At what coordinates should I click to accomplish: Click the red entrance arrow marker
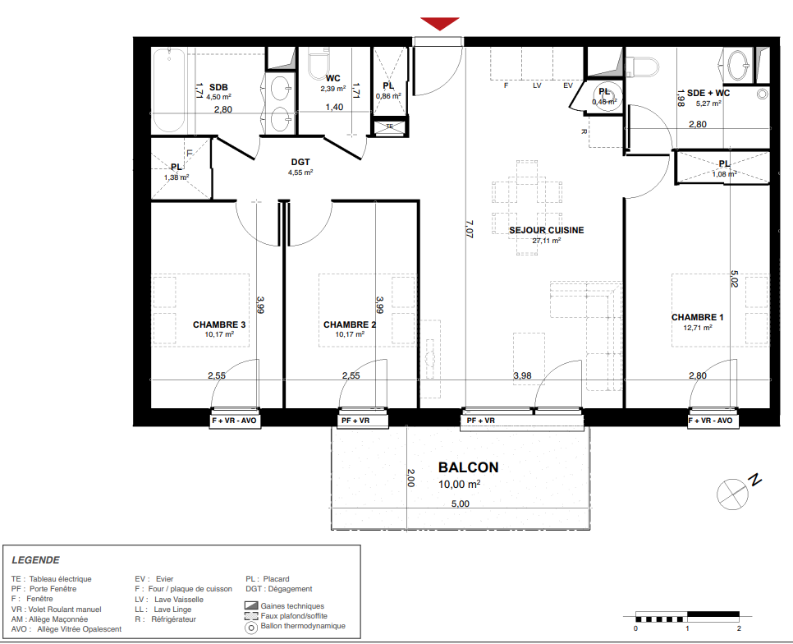[439, 23]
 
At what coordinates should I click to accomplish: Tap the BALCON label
[468, 467]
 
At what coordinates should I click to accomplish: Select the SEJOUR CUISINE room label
[546, 230]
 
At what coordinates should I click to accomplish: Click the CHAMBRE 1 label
[698, 317]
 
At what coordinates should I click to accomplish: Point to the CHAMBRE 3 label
[219, 324]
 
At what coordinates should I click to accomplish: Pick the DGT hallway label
[300, 162]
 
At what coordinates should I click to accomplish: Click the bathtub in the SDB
[169, 90]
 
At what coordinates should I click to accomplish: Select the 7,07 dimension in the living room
[469, 228]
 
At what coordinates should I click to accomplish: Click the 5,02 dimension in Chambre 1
[735, 278]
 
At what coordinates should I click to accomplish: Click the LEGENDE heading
[35, 560]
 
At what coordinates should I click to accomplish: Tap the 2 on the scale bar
[739, 628]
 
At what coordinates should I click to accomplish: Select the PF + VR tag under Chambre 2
[355, 421]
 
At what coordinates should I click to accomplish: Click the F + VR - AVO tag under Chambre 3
[234, 421]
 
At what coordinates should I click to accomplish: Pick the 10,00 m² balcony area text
[459, 484]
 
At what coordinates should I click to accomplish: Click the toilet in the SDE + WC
[642, 67]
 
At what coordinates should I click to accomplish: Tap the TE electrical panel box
[389, 126]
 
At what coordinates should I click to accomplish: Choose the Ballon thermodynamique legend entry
[295, 626]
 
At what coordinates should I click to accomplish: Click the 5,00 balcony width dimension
[461, 504]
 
